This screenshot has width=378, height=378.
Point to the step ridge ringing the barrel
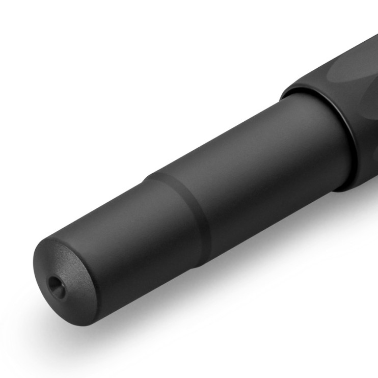178,204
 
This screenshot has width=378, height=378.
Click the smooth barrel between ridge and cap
245,153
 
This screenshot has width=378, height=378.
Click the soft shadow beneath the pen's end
102,326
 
